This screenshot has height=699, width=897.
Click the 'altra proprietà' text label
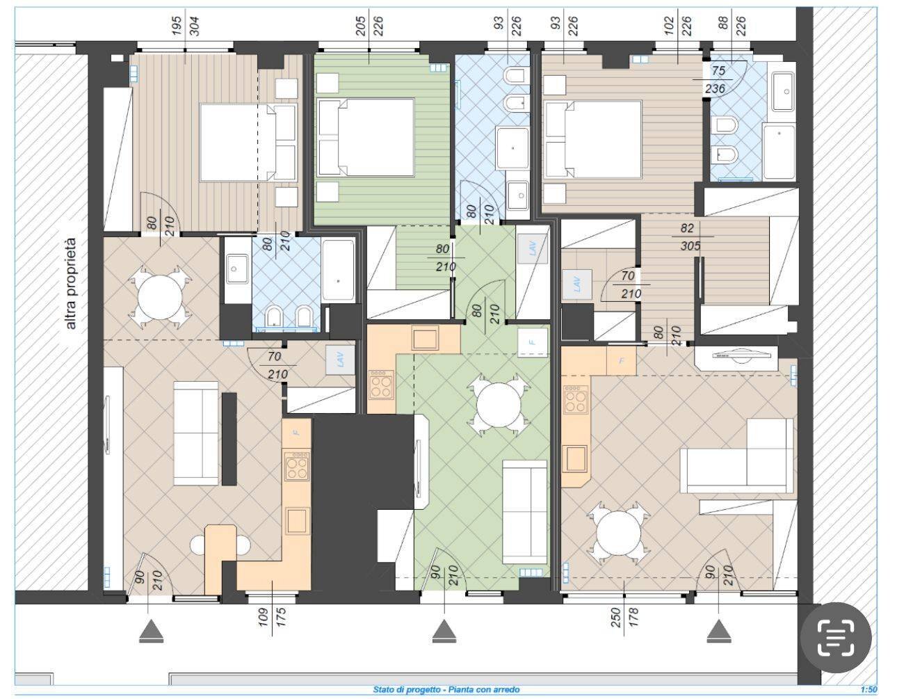pyautogui.click(x=70, y=284)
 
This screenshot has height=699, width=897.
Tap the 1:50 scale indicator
pyautogui.click(x=868, y=690)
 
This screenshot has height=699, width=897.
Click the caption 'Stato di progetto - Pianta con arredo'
pyautogui.click(x=446, y=690)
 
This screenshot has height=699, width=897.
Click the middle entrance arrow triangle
pyautogui.click(x=443, y=632)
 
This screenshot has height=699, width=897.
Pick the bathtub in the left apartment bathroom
pyautogui.click(x=339, y=271)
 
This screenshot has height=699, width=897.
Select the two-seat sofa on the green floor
pyautogui.click(x=524, y=511)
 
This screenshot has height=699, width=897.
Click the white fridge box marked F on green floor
pyautogui.click(x=533, y=340)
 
